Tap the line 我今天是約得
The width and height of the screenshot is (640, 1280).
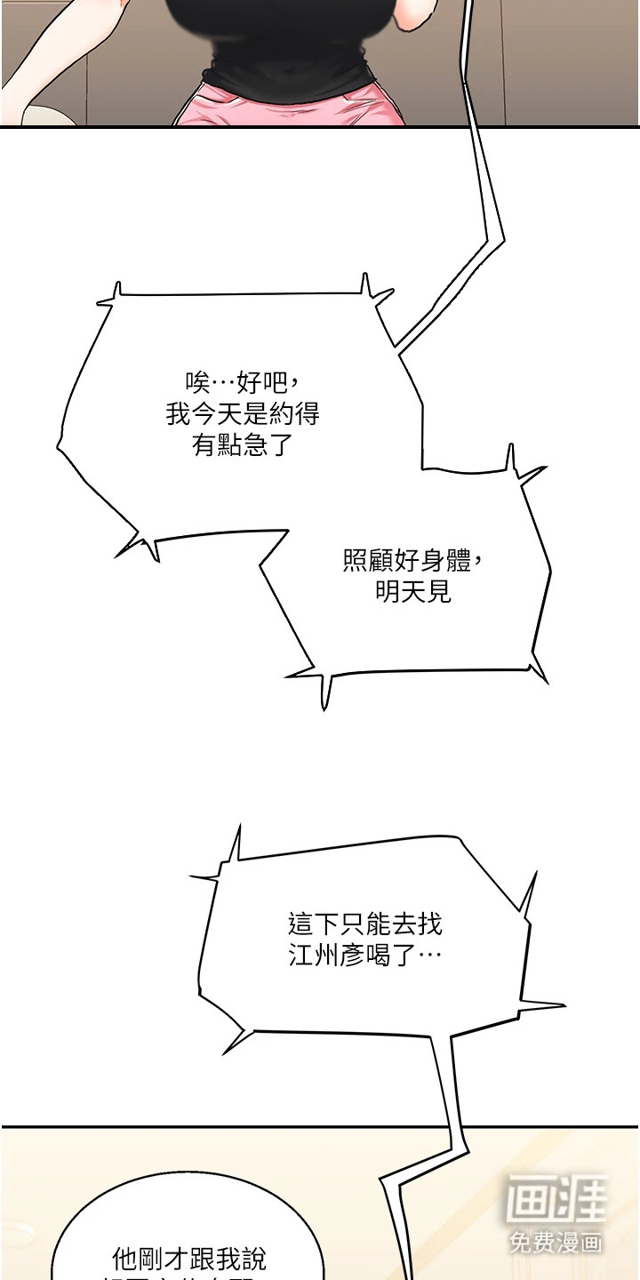[x=242, y=413]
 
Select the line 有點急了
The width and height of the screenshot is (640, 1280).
[x=242, y=444]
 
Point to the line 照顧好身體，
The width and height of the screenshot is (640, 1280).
[x=413, y=561]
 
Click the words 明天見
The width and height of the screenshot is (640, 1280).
[x=413, y=591]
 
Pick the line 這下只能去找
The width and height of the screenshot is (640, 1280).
[x=365, y=924]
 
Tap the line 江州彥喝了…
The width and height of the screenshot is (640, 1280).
[x=365, y=956]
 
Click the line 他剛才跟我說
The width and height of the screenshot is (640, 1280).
[x=188, y=1259]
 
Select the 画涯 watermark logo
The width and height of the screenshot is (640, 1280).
[x=557, y=1199]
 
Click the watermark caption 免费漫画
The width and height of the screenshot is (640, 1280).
[x=557, y=1241]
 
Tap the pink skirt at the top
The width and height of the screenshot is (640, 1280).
[x=293, y=107]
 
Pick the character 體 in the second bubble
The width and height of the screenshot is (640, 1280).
[x=459, y=561]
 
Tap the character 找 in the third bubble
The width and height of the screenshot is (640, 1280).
[x=429, y=924]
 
